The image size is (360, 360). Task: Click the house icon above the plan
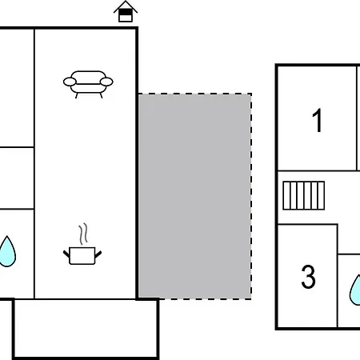126,11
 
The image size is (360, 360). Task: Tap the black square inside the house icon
126,12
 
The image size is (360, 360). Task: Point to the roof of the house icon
126,6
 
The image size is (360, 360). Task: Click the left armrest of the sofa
70,82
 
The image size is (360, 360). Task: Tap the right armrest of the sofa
106,82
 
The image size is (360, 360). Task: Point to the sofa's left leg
77,95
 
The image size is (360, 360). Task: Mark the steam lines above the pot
83,234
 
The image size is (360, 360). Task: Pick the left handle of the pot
66,254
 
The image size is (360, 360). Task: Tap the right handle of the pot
98,254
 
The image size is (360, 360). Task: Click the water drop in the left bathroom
7,252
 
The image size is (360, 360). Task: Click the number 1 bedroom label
318,121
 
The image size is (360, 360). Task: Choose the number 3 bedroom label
308,277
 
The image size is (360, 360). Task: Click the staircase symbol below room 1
304,195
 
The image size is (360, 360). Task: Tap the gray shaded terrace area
194,196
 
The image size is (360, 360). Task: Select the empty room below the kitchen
86,328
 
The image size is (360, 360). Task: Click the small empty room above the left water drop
17,178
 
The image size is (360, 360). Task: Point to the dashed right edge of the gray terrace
251,196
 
